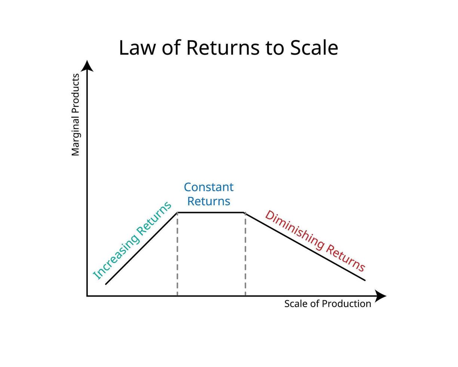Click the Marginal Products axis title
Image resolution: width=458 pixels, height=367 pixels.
click(x=76, y=115)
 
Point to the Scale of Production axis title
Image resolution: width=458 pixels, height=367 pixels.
click(x=328, y=304)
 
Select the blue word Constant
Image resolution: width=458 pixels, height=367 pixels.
click(x=209, y=187)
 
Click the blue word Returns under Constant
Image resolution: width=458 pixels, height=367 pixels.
click(x=209, y=201)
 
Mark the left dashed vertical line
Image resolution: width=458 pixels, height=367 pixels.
click(x=177, y=255)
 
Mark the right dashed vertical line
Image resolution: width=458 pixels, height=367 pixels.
click(x=245, y=255)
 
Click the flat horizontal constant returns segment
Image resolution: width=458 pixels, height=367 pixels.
click(x=211, y=212)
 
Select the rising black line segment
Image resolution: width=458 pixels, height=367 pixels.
click(x=141, y=248)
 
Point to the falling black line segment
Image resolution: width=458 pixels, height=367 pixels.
click(x=305, y=246)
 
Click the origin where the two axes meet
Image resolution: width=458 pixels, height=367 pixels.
click(x=87, y=296)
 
